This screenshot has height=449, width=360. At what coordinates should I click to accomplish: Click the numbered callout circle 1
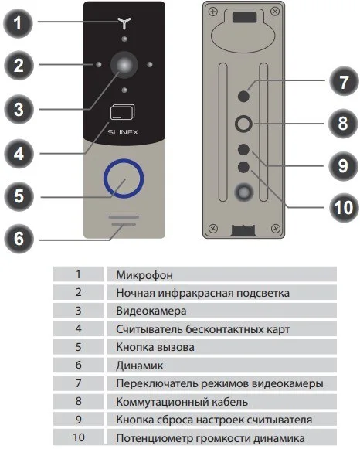tap(18, 23)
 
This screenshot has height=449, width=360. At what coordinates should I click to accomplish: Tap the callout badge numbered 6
tap(19, 238)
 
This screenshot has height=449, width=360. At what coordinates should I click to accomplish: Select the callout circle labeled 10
tap(344, 208)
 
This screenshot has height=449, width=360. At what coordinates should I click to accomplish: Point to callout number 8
tap(343, 124)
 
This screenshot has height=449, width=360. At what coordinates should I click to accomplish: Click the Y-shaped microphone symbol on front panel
tap(124, 23)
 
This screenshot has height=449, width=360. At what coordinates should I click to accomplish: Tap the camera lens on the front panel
tap(124, 65)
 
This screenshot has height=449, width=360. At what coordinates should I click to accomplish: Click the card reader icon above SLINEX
tap(122, 112)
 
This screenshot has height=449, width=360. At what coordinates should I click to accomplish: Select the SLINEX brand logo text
tap(123, 132)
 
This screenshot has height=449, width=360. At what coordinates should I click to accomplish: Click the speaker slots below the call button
tap(124, 221)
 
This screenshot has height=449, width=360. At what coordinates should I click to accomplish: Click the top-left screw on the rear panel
tap(212, 12)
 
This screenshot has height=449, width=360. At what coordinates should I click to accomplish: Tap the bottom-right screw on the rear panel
tap(275, 229)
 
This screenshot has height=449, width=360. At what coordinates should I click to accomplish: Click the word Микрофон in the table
tap(144, 275)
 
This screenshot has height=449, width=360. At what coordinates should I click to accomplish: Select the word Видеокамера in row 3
tap(151, 311)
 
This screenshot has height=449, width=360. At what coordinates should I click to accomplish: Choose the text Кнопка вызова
tap(155, 347)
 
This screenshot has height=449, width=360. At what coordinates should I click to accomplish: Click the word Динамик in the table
tap(140, 366)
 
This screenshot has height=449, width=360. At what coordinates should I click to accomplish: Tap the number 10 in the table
tap(79, 437)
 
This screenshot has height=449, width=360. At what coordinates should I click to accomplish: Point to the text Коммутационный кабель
tap(182, 402)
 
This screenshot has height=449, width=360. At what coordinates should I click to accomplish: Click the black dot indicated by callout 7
tap(243, 96)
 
